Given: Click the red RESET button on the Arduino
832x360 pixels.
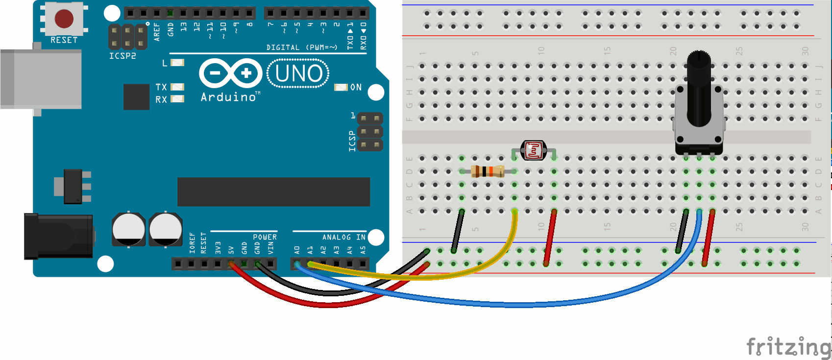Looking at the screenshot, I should click(64, 19).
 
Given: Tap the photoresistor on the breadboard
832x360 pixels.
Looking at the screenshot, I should click(534, 150).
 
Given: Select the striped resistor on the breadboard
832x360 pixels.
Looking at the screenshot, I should click(487, 171).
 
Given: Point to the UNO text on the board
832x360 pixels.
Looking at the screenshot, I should click(298, 73).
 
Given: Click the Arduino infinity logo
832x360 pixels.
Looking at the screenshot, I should click(231, 73).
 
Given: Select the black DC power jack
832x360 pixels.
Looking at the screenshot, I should click(58, 236).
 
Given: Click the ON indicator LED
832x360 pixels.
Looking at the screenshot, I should click(341, 87).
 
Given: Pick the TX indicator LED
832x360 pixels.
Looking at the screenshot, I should click(177, 87).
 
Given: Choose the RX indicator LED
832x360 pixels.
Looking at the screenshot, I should click(177, 99).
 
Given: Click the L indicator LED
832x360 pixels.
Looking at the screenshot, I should click(177, 63).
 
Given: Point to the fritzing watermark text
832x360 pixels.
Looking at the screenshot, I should click(788, 347).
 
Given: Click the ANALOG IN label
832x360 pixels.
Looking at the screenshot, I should click(343, 237).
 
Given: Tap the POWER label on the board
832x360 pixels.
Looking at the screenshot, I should click(265, 237).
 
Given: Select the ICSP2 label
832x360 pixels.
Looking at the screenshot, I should click(122, 56).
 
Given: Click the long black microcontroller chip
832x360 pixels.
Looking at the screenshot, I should click(273, 192).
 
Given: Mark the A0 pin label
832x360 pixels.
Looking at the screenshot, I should click(297, 250).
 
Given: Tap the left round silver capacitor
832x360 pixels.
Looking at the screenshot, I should click(128, 229).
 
